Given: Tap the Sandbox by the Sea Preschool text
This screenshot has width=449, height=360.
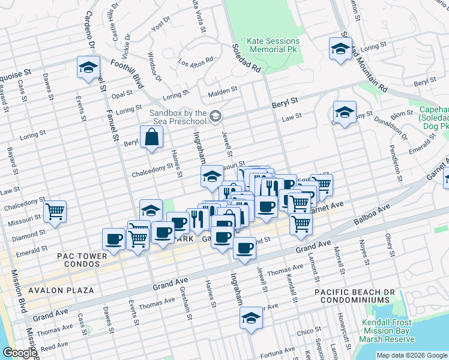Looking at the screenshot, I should click(178, 117).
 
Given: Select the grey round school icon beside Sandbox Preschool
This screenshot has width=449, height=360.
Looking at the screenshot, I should click(215, 116).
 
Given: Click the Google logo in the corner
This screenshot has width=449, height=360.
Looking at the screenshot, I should click(19, 353).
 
